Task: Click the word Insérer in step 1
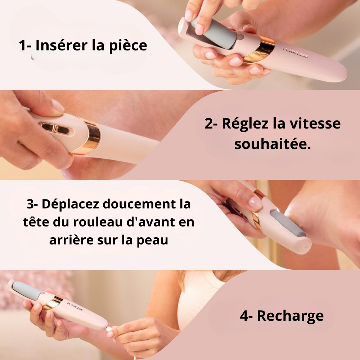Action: point(62,45)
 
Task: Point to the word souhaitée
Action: point(273,144)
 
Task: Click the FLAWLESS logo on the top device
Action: point(295,53)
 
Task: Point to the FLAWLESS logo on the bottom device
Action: point(75,306)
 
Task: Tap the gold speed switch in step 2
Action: point(55,128)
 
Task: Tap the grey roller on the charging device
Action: point(28,289)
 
